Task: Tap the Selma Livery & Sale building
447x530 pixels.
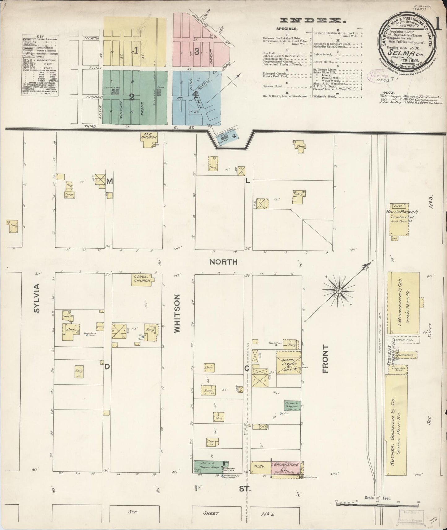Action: point(288,363)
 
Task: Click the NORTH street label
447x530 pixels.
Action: point(223,262)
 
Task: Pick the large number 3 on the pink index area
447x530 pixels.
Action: point(197,51)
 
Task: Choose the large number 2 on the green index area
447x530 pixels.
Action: point(132,97)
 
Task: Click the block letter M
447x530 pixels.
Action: point(110,182)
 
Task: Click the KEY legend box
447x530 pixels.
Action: point(40,65)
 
